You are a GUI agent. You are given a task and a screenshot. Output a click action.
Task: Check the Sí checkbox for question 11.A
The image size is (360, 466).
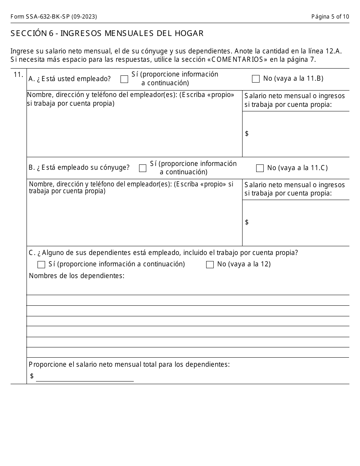tap(124, 79)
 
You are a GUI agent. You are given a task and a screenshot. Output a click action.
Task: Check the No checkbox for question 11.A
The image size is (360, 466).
tap(256, 79)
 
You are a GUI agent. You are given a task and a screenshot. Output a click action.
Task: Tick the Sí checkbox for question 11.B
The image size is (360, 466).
tap(142, 168)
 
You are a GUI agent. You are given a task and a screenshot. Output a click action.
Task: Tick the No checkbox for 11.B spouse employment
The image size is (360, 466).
tap(260, 168)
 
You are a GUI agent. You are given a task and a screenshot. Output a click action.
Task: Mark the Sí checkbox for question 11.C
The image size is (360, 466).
tap(41, 265)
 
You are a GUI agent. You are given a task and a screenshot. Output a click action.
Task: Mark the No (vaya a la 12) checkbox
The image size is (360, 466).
tap(210, 265)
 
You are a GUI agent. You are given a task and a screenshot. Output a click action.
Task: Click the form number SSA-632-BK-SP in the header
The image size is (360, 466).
tap(53, 17)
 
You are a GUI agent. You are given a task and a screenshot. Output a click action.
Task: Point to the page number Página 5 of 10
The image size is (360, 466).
tap(330, 17)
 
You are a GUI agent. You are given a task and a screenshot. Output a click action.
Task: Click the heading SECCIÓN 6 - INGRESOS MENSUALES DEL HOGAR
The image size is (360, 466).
tap(107, 33)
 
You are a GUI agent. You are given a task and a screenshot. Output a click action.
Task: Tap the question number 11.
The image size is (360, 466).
tap(19, 75)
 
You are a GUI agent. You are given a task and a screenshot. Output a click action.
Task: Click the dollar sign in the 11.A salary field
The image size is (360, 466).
tap(247, 133)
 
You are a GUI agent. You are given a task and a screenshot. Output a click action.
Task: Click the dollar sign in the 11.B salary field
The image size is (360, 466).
tap(247, 222)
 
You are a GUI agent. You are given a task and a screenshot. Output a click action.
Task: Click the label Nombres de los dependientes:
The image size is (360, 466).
tap(77, 276)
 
